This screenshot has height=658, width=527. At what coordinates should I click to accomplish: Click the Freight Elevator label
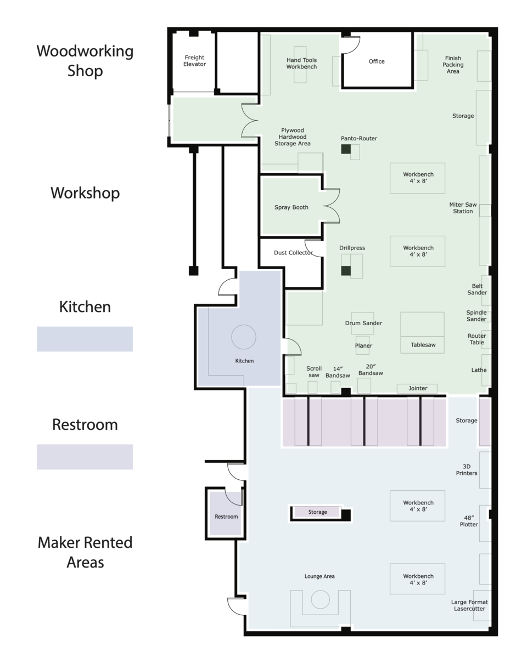tap(194, 61)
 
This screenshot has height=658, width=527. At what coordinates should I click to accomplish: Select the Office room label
tap(377, 61)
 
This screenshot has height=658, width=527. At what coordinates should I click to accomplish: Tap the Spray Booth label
tap(291, 207)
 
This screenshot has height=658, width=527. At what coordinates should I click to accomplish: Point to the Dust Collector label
tap(293, 253)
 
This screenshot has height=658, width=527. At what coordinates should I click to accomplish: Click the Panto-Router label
tap(358, 139)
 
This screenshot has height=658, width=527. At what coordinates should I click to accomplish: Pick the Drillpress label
tap(352, 248)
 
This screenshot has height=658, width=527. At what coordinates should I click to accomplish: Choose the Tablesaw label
tap(422, 345)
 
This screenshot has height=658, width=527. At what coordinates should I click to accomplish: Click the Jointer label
tap(418, 388)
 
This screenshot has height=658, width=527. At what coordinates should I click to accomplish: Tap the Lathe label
tap(479, 370)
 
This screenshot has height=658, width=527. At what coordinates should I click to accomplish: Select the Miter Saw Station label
tap(463, 208)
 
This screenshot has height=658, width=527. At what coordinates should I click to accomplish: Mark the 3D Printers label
tap(467, 470)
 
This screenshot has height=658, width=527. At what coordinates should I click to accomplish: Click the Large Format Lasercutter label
tap(469, 605)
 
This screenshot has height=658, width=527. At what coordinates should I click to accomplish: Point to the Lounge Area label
tap(319, 576)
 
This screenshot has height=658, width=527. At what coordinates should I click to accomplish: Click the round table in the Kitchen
tap(244, 337)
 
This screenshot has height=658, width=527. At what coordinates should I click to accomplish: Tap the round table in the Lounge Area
tap(319, 600)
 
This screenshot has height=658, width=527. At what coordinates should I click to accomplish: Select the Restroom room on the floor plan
tap(226, 517)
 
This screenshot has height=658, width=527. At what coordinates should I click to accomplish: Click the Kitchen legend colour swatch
tap(85, 339)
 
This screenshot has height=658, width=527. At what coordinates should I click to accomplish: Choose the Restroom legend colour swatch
tap(85, 457)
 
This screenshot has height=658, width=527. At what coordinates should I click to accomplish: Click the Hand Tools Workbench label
tap(301, 64)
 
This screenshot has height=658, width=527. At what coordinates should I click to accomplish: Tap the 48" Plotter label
tap(469, 521)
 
